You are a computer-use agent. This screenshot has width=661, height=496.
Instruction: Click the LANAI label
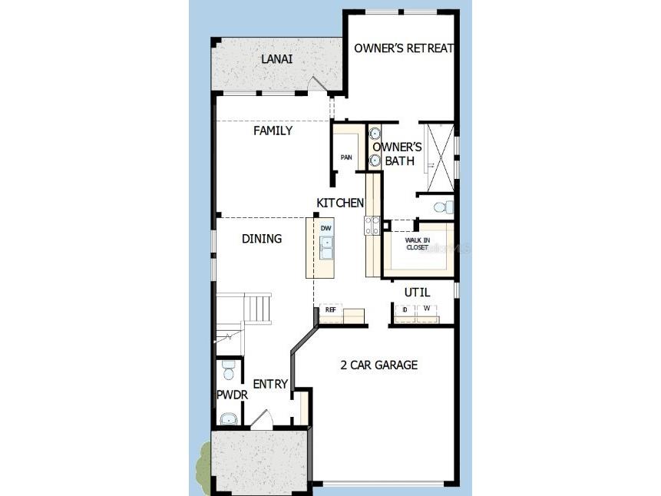pyautogui.click(x=276, y=59)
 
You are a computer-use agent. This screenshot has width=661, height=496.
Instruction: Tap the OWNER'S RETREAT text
pyautogui.click(x=404, y=48)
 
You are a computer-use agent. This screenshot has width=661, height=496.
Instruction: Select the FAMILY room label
pyautogui.click(x=273, y=131)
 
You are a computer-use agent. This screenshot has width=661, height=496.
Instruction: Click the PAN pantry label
pyautogui.click(x=346, y=157)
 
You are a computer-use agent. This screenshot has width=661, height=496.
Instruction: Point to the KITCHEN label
pyautogui.click(x=340, y=203)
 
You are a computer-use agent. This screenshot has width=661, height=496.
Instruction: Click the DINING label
pyautogui.click(x=262, y=239)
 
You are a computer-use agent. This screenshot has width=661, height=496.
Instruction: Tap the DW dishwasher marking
pyautogui.click(x=326, y=228)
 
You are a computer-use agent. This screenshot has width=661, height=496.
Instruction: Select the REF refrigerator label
pyautogui.click(x=331, y=309)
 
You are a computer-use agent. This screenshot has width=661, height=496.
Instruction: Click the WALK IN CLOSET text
pyautogui.click(x=418, y=244)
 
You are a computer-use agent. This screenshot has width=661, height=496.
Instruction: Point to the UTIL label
pyautogui.click(x=418, y=293)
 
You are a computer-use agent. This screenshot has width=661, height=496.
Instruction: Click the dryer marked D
pyautogui.click(x=405, y=309)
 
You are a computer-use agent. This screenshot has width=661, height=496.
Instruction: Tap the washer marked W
pyautogui.click(x=426, y=309)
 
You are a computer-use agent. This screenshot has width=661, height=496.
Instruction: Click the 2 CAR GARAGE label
pyautogui.click(x=379, y=365)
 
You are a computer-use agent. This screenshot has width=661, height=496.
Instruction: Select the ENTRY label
pyautogui.click(x=270, y=384)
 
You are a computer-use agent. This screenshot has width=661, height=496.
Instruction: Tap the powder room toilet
pyautogui.click(x=226, y=373)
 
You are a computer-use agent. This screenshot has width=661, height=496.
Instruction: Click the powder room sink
pyautogui.click(x=228, y=418)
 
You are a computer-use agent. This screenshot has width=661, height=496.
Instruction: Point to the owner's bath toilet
pyautogui.click(x=441, y=207)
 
